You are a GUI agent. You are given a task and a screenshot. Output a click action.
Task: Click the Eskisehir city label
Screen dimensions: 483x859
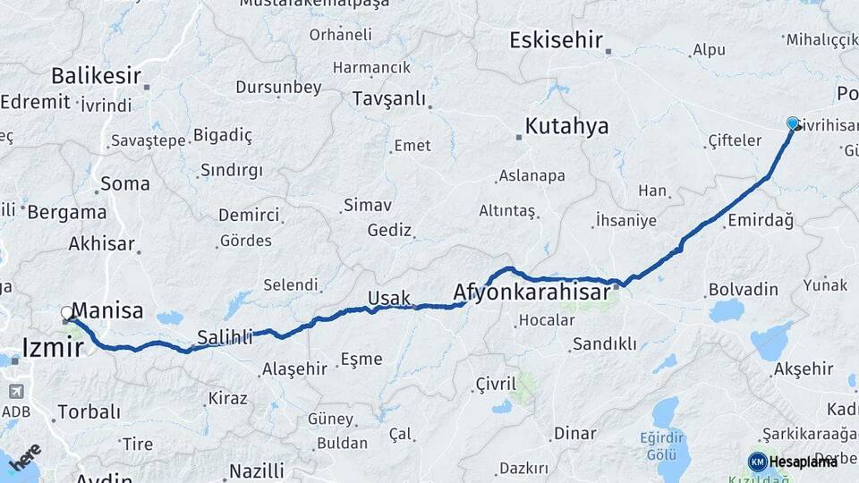556,40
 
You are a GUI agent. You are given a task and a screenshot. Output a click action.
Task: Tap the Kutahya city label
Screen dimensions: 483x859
566,126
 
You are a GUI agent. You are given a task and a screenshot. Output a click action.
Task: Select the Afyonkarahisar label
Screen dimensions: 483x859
532,292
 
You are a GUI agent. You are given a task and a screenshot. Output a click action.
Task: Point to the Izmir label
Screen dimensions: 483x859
52,347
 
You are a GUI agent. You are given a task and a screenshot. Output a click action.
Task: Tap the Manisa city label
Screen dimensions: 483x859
106,311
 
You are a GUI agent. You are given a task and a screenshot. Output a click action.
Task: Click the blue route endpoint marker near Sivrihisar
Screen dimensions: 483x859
792,123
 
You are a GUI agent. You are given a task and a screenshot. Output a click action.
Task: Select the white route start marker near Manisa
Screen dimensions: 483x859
67,313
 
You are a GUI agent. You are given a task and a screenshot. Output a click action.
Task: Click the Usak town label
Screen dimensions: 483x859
388,298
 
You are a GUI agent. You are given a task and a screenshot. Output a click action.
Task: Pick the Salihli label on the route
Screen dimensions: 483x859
224,338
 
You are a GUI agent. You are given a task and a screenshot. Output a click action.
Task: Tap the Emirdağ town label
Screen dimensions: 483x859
761,221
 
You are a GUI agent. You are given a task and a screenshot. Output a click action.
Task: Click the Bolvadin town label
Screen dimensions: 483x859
743,290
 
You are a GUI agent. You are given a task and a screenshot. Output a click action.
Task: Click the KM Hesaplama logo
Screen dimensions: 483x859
793,462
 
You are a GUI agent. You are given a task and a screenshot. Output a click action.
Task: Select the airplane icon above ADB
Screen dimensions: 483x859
16,392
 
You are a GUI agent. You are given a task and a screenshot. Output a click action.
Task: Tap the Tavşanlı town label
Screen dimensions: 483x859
388,98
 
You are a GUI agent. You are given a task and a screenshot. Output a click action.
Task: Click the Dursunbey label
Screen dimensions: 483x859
278,88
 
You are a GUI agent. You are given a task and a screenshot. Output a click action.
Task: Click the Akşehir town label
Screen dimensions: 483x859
803,369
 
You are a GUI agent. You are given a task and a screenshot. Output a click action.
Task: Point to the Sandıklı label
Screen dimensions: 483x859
604,343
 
